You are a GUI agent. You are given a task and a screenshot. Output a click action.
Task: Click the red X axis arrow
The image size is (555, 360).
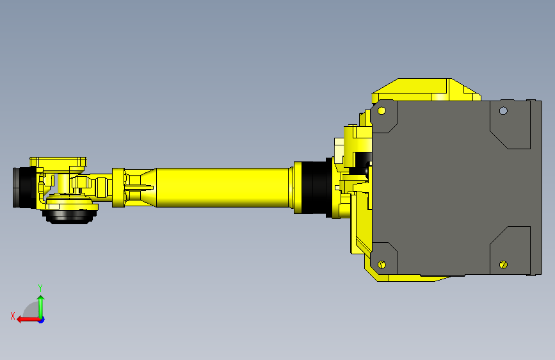coord(24,319)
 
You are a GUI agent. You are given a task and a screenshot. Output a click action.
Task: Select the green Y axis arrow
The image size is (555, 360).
coord(41,305)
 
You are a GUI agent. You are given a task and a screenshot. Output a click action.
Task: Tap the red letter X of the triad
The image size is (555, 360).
coord(13,315)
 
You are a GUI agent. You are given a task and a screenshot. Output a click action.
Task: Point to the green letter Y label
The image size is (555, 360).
coord(40,288)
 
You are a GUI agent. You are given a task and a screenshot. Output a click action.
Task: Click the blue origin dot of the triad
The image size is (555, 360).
coord(41,319)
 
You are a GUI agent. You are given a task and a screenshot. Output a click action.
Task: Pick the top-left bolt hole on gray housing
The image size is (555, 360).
coord(382,110)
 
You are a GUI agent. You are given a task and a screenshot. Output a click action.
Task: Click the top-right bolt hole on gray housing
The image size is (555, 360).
coord(503,110)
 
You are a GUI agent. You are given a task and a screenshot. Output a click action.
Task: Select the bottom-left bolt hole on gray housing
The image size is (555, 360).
coord(382,265)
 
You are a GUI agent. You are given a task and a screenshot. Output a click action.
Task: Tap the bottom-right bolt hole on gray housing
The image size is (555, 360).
coord(503,265)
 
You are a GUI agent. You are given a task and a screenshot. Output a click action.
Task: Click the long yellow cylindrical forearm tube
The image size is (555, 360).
coord(224,187)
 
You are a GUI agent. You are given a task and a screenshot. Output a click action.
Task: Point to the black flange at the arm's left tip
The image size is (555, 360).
coord(23,187)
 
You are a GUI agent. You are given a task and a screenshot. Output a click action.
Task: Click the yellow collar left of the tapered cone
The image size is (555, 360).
coord(117,187)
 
